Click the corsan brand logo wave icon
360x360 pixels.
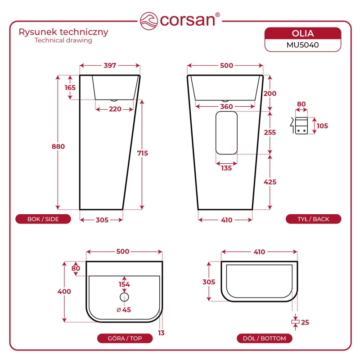coord(149,20)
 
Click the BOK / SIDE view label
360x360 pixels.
coord(43,219)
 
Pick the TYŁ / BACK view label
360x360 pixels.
coord(313,219)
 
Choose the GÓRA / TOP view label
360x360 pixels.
coord(125,338)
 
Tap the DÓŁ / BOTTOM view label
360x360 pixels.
coord(264,338)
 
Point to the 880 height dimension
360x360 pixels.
coord(58,147)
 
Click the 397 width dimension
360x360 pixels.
coord(110,66)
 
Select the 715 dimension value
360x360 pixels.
coord(142,153)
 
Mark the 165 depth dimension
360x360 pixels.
coord(70,87)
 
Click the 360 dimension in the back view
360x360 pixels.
coord(226,107)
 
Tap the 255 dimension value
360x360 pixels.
coord(270,132)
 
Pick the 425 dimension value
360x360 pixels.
coord(270,182)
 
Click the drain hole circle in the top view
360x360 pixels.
coord(125,297)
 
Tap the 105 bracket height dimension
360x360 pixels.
coord(322,126)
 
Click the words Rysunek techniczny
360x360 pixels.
coord(63,32)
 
